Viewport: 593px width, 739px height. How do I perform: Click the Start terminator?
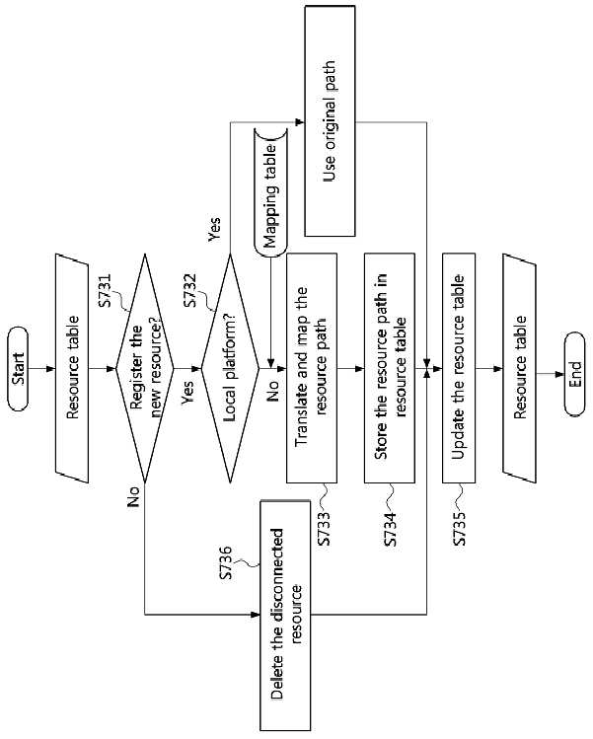pos(18,369)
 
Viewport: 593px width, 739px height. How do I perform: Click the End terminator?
pos(574,374)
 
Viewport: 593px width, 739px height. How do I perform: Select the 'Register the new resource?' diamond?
pos(145,369)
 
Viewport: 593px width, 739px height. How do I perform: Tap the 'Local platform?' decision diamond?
pos(231,369)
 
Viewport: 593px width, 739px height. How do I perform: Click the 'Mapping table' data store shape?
pos(271,192)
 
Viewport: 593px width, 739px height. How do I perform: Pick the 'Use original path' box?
pos(330,121)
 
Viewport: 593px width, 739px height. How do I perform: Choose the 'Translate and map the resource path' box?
pos(312,368)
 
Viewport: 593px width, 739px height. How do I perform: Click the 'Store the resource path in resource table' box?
pos(390,368)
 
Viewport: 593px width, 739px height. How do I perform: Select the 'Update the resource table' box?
pos(459,368)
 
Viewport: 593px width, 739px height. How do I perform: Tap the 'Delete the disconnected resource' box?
pos(285,615)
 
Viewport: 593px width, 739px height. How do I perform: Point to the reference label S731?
pos(106,290)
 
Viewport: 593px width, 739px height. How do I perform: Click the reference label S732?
pos(190,290)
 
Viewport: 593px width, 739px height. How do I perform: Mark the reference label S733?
pos(325,528)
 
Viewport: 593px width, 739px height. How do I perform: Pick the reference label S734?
pos(392,528)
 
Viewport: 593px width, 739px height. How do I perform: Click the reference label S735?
pos(459,528)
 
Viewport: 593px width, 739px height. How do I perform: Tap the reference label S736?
pos(227,562)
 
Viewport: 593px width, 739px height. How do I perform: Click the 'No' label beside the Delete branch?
pos(134,496)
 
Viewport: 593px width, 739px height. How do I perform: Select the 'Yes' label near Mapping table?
pos(214,229)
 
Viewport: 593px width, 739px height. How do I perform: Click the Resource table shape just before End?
pos(519,368)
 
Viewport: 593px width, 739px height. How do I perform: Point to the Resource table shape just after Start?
pos(72,368)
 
